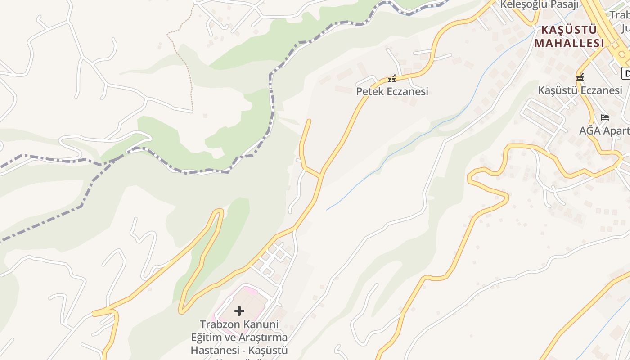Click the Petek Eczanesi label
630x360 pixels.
[392, 92]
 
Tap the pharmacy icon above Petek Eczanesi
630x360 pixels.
[392, 79]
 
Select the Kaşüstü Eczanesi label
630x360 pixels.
[580, 90]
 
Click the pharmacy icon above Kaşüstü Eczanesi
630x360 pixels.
[580, 77]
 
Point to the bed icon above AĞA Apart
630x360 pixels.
[605, 117]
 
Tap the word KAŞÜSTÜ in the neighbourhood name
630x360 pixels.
[569, 30]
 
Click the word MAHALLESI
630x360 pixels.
[569, 43]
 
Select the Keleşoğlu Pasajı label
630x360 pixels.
[540, 5]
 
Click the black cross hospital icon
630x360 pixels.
[239, 310]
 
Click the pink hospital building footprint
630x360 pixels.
[252, 299]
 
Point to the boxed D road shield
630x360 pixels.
[626, 73]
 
